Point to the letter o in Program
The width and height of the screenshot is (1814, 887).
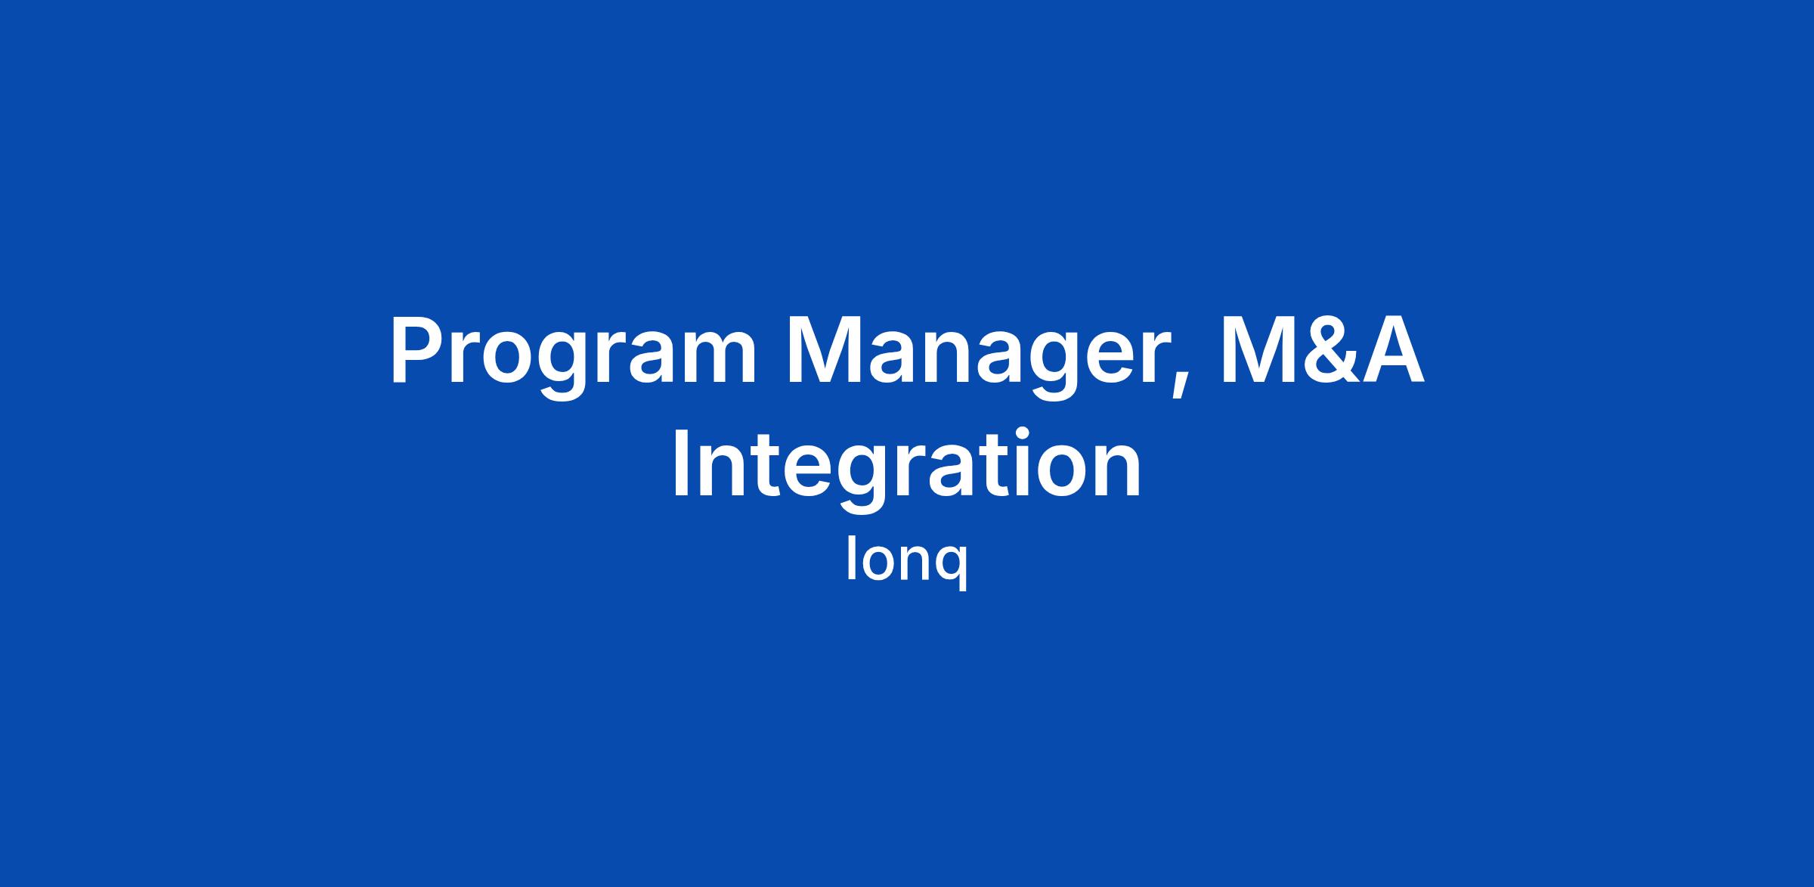click(x=503, y=358)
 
